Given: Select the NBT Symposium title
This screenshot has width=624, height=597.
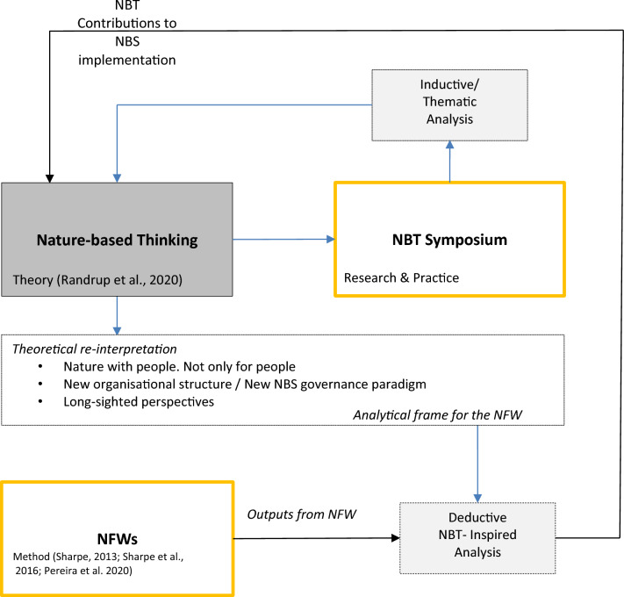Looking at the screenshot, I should [449, 238].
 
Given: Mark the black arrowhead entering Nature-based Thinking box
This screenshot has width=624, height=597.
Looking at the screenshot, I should [50, 176].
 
